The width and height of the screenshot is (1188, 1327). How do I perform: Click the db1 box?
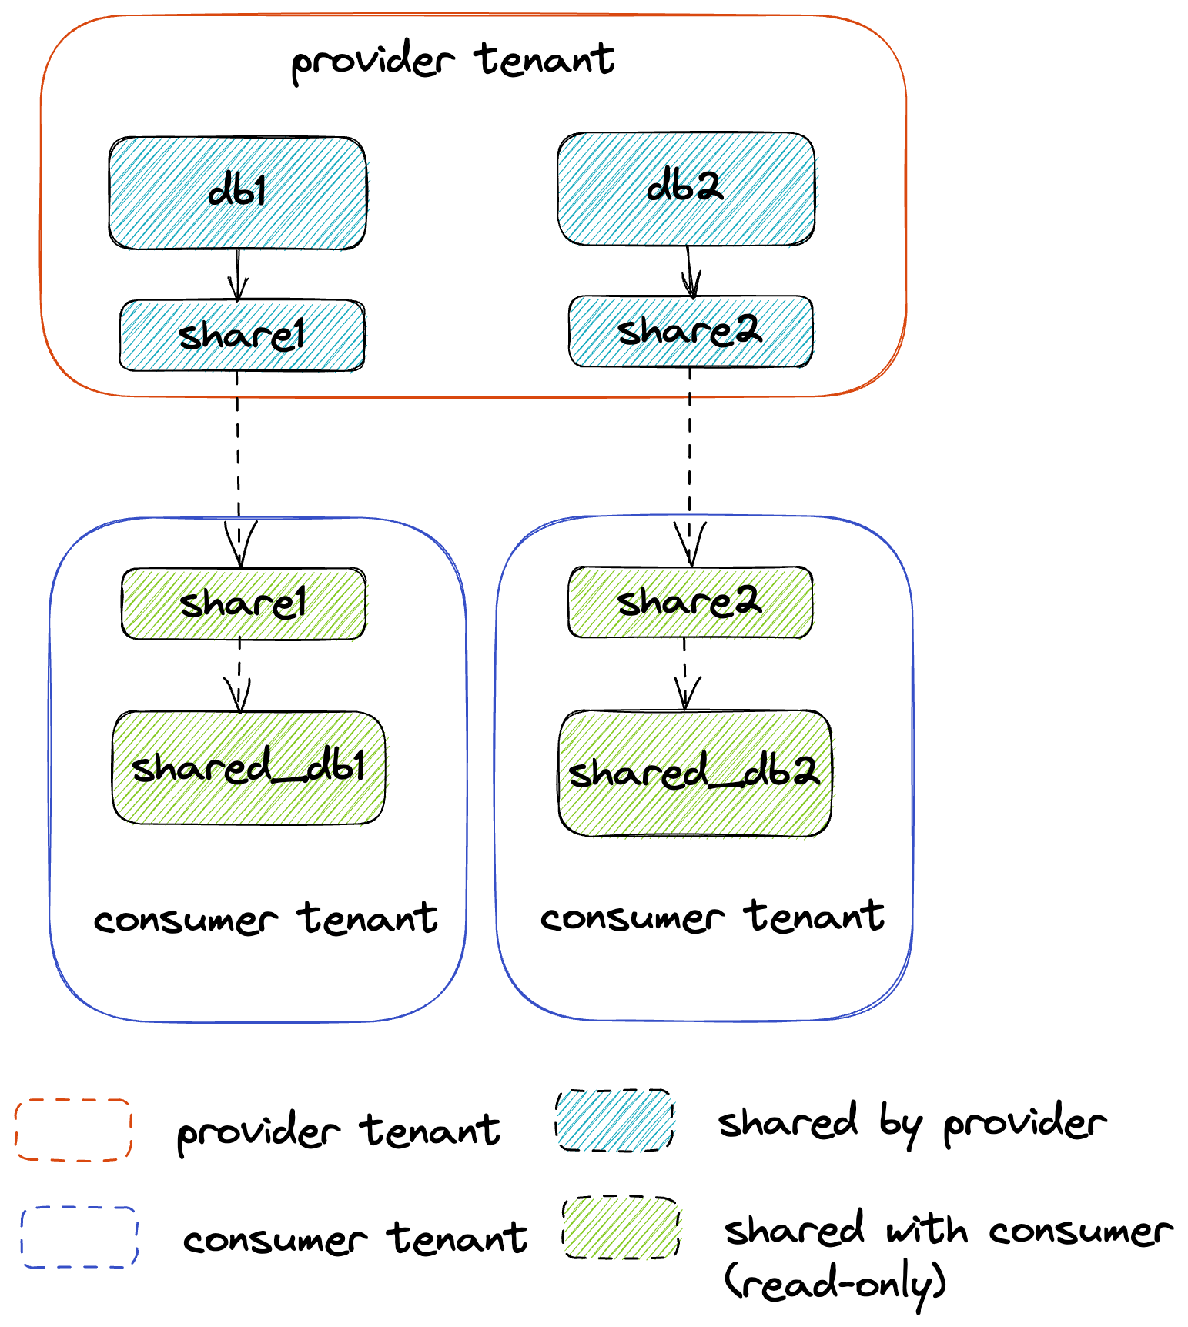pos(237,192)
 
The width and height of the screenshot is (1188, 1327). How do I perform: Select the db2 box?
pos(685,189)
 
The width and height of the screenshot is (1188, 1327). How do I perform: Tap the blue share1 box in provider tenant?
pos(242,335)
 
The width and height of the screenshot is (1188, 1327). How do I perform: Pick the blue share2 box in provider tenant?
pos(690,331)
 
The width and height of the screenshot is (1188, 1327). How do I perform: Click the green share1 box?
pos(243,603)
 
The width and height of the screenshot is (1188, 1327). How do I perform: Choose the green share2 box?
pos(690,602)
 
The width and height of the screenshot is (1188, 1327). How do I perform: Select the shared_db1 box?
pos(248,767)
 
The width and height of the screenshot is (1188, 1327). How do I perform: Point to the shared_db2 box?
pos(694,772)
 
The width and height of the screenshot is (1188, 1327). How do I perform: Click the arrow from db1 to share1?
pos(238,275)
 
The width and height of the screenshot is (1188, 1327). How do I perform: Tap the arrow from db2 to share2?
pos(690,271)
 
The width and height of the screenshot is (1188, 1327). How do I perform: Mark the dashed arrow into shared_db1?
pos(239,675)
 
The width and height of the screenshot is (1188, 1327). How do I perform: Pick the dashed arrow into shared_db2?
pos(685,674)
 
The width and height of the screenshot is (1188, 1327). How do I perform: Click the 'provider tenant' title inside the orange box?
pos(453,62)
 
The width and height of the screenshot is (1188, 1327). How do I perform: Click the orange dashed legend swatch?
pos(73,1129)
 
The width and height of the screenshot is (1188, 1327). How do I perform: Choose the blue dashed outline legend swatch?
pos(79,1237)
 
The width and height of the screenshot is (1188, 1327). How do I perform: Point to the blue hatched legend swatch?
pos(614,1120)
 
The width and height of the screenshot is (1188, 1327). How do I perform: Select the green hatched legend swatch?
pos(621,1228)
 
